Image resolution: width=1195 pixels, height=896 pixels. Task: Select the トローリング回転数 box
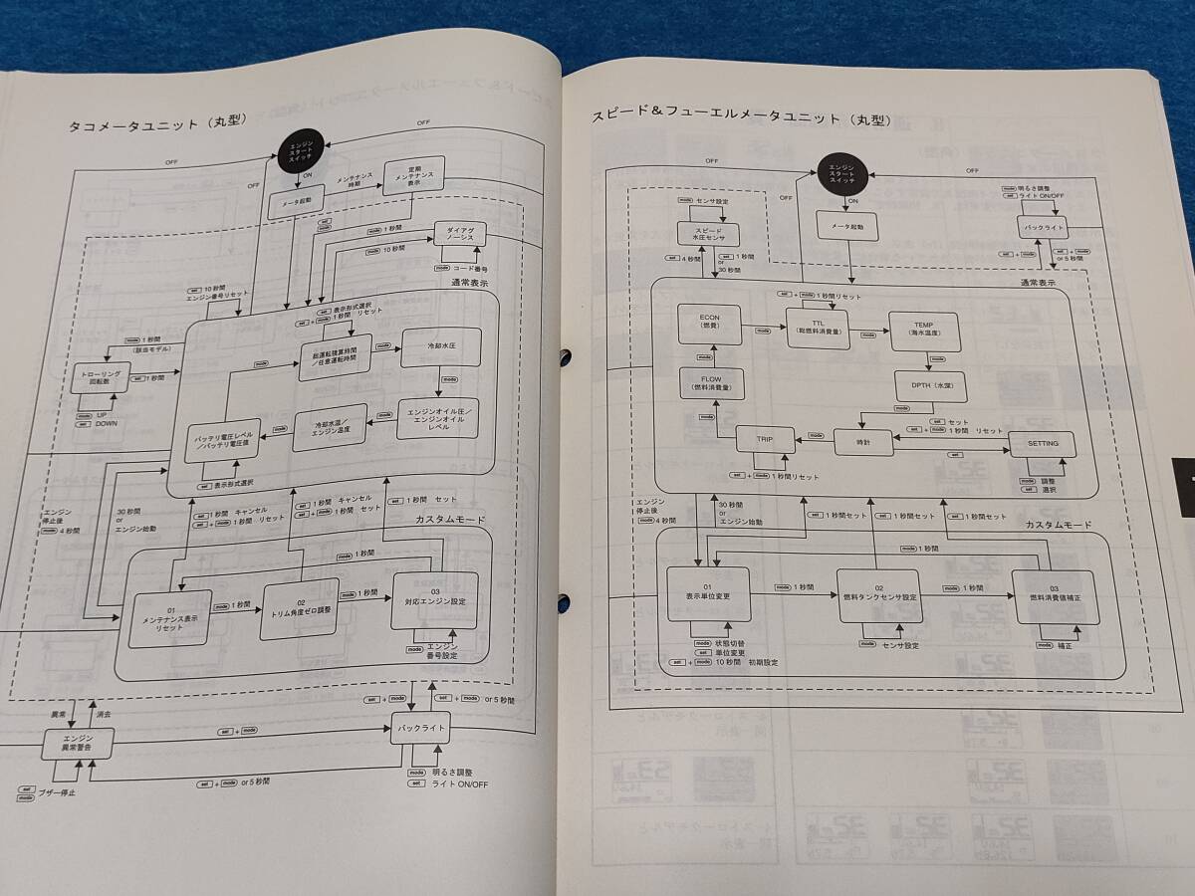95,379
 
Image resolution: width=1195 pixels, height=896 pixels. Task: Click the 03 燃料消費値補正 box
1052,597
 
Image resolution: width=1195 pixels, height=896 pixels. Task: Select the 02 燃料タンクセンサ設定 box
879,595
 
